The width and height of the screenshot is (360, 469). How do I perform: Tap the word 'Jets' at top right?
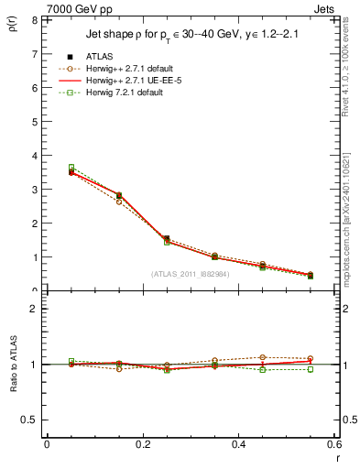(x=322, y=8)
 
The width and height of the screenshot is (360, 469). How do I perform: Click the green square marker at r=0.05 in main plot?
(x=71, y=168)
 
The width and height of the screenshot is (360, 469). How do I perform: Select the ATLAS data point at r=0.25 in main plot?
(x=167, y=239)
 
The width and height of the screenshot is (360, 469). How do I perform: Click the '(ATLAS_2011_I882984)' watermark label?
(x=191, y=273)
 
